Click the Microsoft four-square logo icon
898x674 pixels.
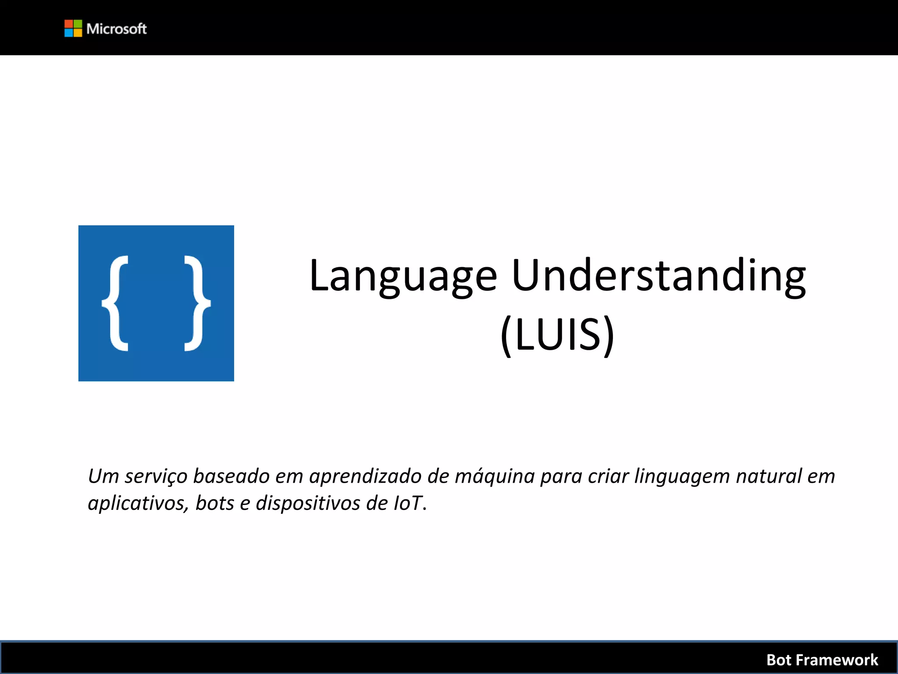pos(73,29)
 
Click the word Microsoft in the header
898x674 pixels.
pos(117,29)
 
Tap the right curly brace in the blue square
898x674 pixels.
pos(197,303)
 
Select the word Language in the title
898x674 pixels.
pos(403,276)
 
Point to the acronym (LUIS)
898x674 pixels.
pos(557,335)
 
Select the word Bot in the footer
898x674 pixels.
pos(778,660)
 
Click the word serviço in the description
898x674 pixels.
pos(156,477)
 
